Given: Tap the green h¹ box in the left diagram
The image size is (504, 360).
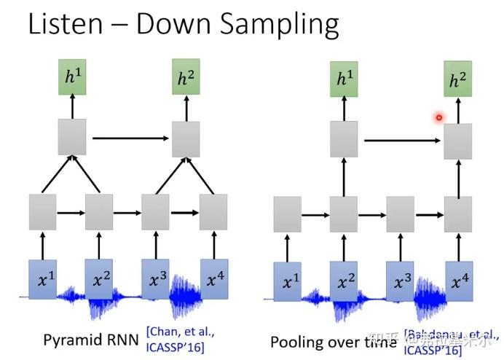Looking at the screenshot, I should (71, 77).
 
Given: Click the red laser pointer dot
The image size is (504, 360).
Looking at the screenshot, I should (439, 117).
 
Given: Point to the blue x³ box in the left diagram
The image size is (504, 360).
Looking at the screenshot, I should (156, 278).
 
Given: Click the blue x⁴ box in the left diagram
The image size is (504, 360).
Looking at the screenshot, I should (213, 278).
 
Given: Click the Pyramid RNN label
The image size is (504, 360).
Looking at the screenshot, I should (92, 340).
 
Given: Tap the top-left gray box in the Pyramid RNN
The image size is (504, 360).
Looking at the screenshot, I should (71, 136).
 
